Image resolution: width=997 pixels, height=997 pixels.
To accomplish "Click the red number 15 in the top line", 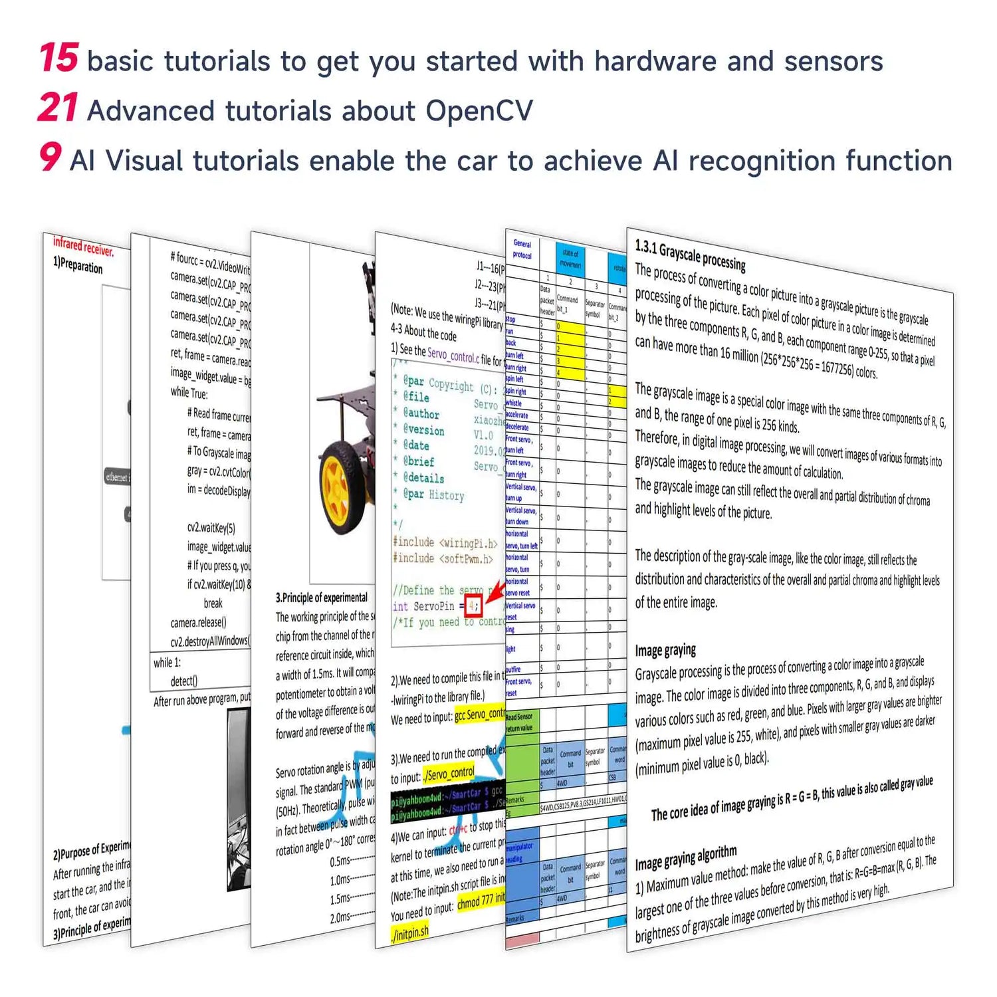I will click(x=59, y=58).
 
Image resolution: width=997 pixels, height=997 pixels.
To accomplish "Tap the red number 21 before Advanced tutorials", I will click(x=58, y=108).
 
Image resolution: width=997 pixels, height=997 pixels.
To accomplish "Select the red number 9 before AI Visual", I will click(x=51, y=158).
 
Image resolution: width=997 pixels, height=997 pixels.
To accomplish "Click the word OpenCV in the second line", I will click(x=479, y=111).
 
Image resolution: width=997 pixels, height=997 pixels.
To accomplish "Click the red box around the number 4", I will click(x=473, y=606).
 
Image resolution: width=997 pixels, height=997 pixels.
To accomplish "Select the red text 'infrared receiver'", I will click(x=83, y=247).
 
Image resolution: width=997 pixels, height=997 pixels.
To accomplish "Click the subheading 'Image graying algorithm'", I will click(x=686, y=858).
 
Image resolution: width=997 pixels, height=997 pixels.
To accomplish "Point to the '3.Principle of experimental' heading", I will click(x=322, y=598).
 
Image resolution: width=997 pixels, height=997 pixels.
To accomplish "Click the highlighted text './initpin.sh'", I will click(x=410, y=933).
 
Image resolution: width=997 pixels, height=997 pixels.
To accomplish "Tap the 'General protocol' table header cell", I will click(x=522, y=249).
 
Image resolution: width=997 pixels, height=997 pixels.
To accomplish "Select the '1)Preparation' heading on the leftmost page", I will click(x=78, y=265).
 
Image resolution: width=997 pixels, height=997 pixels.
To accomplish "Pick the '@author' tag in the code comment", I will click(x=421, y=413).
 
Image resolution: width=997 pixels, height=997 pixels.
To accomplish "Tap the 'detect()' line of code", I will click(x=183, y=681).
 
